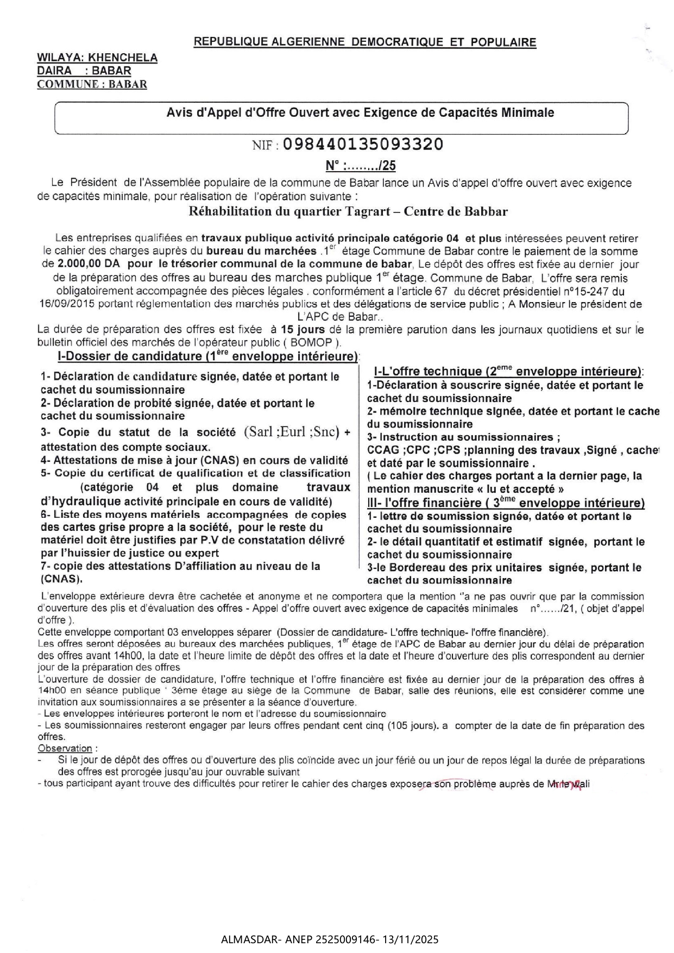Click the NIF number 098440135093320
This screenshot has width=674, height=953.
363,145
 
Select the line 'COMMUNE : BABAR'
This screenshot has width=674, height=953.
92,84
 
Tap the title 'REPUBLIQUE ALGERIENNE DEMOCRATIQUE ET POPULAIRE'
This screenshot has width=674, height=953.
365,42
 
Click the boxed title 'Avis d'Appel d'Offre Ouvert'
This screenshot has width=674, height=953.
360,113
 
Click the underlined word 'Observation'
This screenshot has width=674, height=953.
65,749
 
